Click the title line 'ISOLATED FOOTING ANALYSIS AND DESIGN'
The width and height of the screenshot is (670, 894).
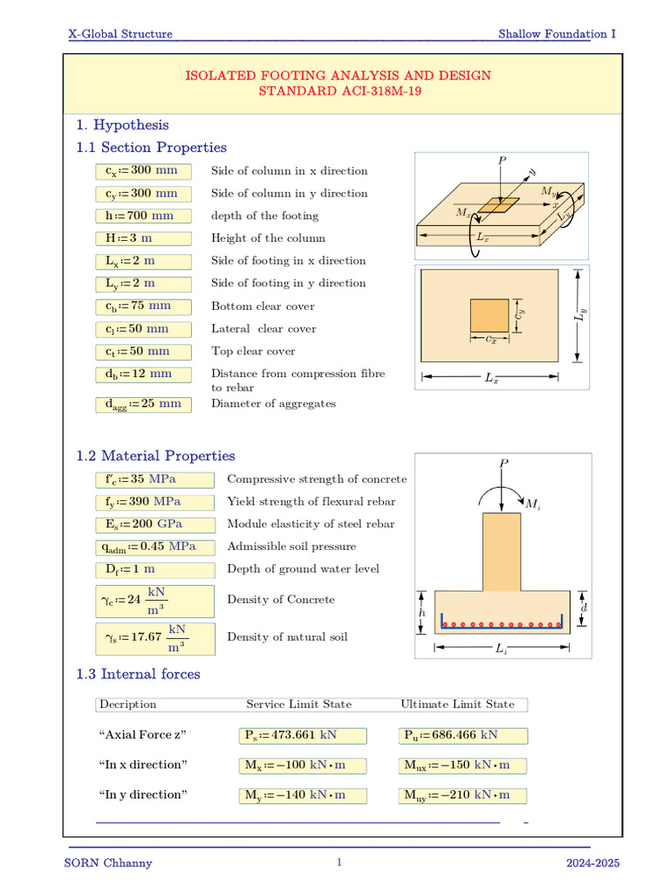(x=338, y=76)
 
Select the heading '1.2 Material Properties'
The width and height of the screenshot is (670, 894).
(x=155, y=456)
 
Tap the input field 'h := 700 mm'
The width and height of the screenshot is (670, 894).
(x=142, y=216)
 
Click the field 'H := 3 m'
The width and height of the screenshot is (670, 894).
(x=142, y=238)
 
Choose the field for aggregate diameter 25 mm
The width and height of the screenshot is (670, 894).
(x=142, y=403)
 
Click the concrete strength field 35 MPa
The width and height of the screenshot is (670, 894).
(x=154, y=479)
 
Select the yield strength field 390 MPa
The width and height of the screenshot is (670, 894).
(x=154, y=502)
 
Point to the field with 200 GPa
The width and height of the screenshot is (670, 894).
(x=154, y=525)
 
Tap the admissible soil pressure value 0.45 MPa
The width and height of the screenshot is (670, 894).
(x=154, y=547)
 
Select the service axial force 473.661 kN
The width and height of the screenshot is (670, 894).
(x=303, y=735)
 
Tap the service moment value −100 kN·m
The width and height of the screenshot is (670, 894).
(x=303, y=766)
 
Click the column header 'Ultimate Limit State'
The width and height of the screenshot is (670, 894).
(x=457, y=705)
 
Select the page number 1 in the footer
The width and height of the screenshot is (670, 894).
(x=339, y=863)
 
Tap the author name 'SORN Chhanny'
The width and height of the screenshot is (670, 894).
(x=109, y=863)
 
